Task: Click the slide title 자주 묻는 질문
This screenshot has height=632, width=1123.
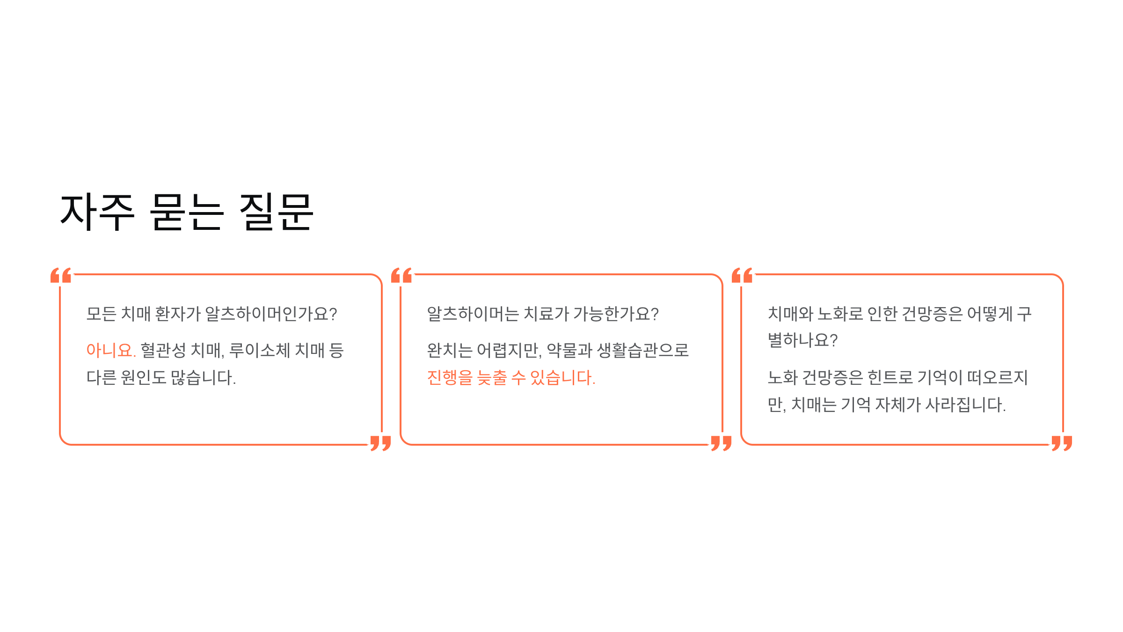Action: pyautogui.click(x=187, y=213)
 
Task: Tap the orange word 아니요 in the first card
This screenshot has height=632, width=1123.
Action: pyautogui.click(x=110, y=350)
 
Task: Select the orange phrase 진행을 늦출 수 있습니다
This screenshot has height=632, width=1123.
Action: pyautogui.click(x=511, y=377)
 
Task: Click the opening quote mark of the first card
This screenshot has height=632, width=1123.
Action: pyautogui.click(x=61, y=275)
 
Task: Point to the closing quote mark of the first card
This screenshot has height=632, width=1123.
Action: pyautogui.click(x=380, y=442)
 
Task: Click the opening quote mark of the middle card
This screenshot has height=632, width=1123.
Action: pyautogui.click(x=401, y=275)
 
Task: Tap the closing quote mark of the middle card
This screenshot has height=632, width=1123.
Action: pyautogui.click(x=721, y=442)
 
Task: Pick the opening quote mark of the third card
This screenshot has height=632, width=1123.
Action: pyautogui.click(x=742, y=275)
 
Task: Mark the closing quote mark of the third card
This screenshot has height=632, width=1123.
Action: pyautogui.click(x=1062, y=442)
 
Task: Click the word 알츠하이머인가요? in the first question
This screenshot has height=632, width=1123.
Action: pyautogui.click(x=271, y=314)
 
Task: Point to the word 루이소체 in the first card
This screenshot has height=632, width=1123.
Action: pyautogui.click(x=260, y=350)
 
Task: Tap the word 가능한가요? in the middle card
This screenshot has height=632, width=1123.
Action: pyautogui.click(x=616, y=314)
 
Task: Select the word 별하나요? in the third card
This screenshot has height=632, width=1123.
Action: pyautogui.click(x=802, y=340)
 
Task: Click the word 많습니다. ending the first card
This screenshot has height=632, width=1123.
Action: pyautogui.click(x=203, y=377)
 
